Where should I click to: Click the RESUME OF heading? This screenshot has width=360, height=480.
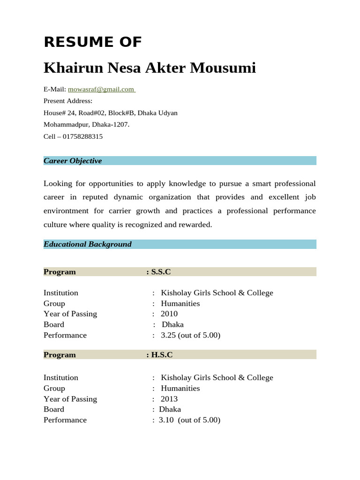(92, 42)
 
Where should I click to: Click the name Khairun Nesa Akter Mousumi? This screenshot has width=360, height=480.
(150, 68)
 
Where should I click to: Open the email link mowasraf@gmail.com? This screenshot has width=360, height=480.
(101, 89)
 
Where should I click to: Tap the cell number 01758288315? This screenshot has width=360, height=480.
(82, 136)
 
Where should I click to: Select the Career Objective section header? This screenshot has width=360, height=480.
(73, 161)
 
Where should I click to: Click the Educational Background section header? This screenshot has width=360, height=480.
(88, 244)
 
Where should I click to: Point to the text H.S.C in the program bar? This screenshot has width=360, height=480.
(162, 355)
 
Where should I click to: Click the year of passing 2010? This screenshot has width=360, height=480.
(169, 314)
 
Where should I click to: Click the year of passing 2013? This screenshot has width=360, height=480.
(169, 399)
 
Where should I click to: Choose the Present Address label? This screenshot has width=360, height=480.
(68, 101)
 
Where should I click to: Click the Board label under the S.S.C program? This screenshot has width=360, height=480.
(54, 324)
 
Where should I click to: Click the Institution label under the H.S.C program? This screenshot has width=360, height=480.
(61, 377)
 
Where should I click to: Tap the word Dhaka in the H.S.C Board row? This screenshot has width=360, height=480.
(170, 409)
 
